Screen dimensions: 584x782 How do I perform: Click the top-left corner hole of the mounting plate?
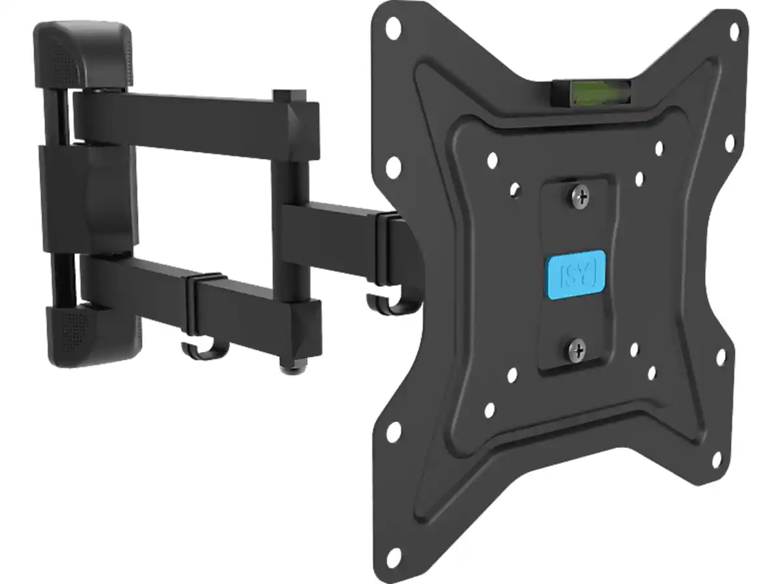pos(392,27)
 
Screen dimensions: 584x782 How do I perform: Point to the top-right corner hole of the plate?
pos(734,31)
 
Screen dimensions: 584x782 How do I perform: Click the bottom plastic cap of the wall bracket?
pos(85,336)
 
